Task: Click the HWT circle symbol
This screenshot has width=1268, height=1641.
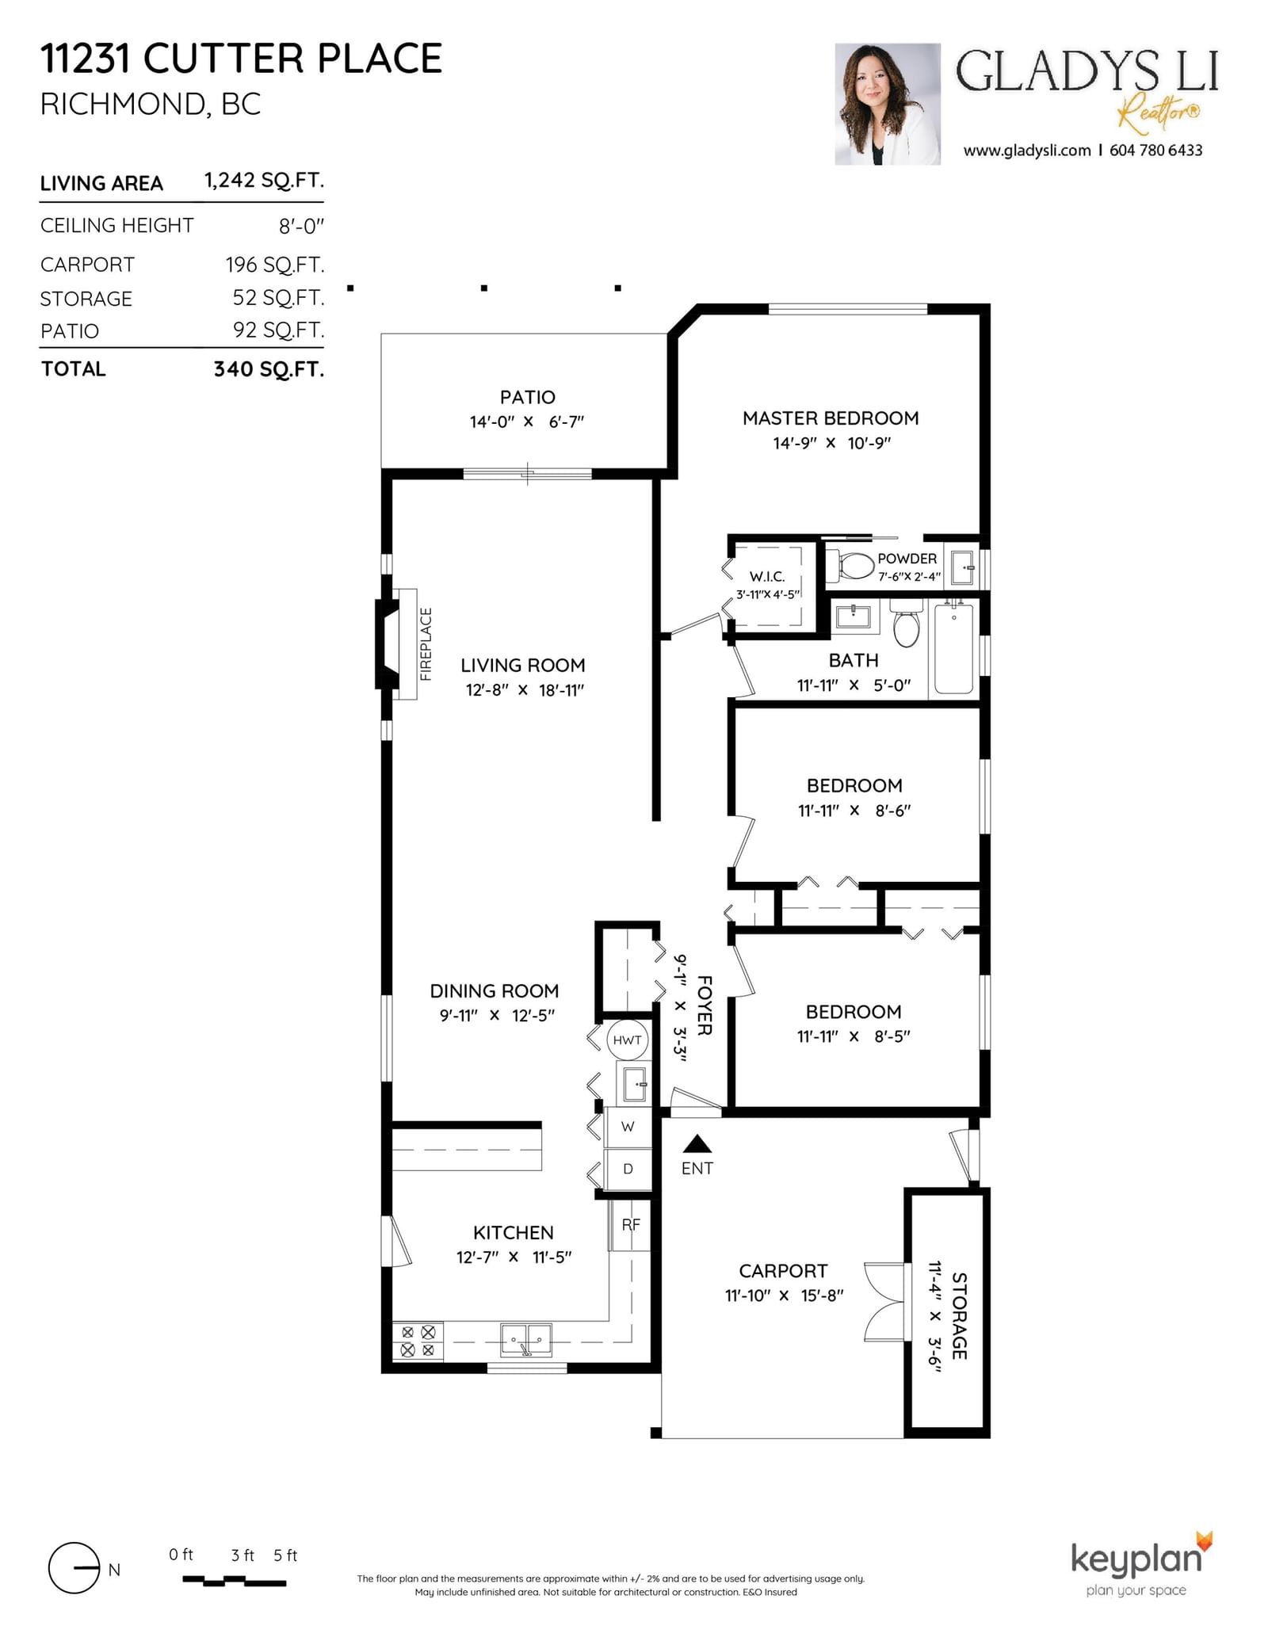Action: click(x=627, y=1040)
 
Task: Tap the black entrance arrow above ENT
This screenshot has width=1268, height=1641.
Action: click(x=697, y=1143)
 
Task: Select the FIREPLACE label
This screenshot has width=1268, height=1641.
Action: click(x=426, y=644)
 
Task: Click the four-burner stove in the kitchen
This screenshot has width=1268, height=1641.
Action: click(x=418, y=1341)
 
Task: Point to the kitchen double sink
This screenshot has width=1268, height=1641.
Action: click(x=526, y=1340)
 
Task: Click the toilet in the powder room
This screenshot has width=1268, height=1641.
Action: click(x=851, y=566)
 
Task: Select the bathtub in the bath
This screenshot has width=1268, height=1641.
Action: click(x=953, y=648)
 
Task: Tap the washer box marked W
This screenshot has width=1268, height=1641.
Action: click(x=628, y=1127)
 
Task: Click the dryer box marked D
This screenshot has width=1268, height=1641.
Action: click(x=628, y=1169)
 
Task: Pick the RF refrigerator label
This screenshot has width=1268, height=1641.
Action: click(x=631, y=1225)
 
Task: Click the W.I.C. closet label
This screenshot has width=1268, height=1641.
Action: click(x=767, y=577)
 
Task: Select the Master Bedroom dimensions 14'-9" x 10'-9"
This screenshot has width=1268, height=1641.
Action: click(x=831, y=443)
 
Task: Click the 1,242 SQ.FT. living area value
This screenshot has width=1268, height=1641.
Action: click(x=264, y=181)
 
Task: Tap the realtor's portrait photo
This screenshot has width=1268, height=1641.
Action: click(x=887, y=104)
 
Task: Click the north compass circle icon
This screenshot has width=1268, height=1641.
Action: click(x=74, y=1568)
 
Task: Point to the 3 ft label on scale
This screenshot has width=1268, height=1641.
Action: click(x=243, y=1555)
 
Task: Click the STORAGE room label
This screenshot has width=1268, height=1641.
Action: click(x=959, y=1316)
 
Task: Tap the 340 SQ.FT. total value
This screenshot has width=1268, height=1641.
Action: click(x=269, y=369)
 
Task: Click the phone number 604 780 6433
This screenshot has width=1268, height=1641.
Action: click(x=1155, y=151)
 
